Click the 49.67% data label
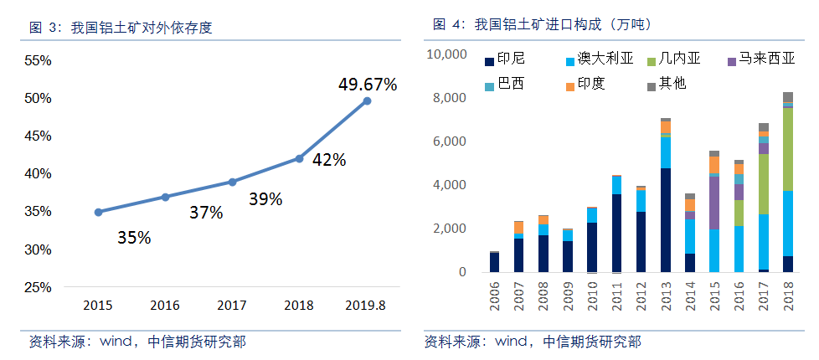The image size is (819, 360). point(367,85)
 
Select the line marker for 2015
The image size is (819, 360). point(98,212)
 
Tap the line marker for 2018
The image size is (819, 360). point(299,158)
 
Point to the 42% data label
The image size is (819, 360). point(328,160)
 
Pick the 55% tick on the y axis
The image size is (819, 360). point(38,60)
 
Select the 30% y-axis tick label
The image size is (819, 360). point(38,249)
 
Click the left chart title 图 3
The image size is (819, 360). point(121,28)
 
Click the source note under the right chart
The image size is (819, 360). point(533,342)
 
